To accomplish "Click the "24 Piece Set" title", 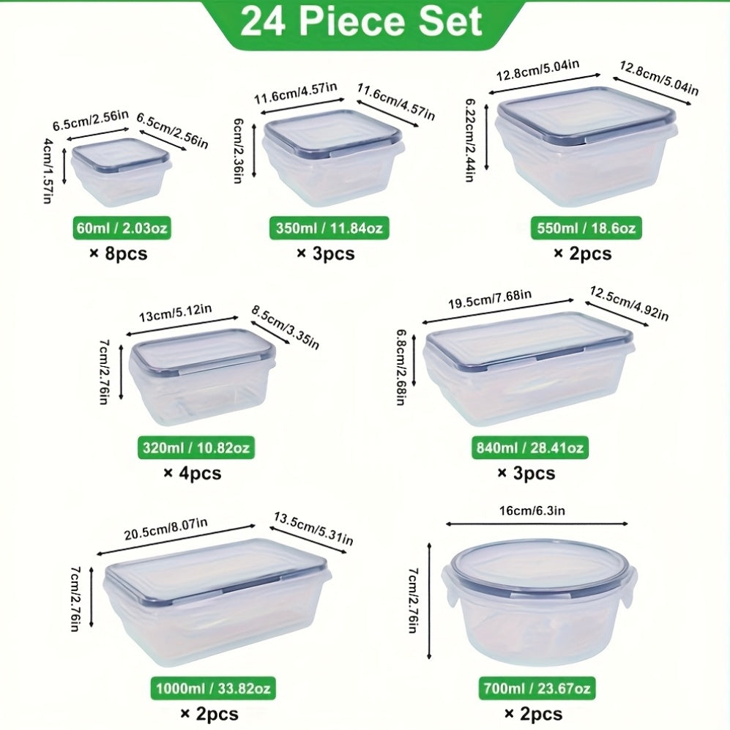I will coord(361,22).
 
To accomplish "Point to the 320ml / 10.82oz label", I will coord(197,447).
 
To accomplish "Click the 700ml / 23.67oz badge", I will coord(537,689).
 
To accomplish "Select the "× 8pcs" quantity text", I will coord(119,254).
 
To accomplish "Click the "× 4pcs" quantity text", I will coord(192,473).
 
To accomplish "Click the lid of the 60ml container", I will coord(120,152).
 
